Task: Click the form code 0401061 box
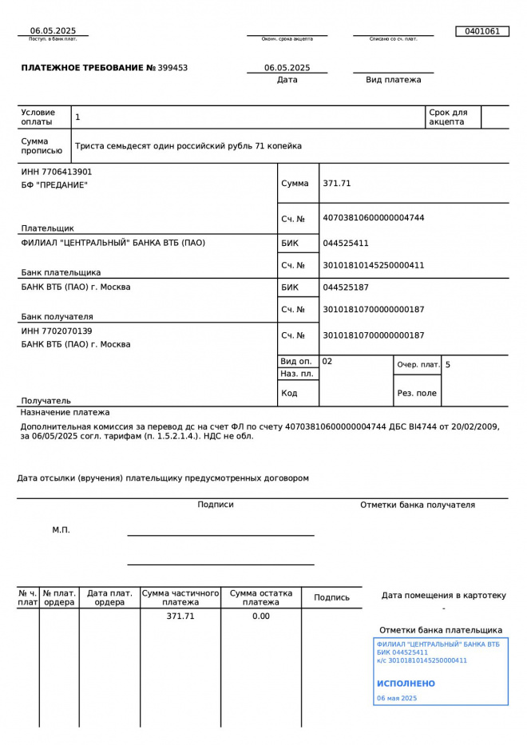click(481, 31)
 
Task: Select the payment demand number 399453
click(173, 68)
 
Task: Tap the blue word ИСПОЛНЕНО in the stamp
click(406, 684)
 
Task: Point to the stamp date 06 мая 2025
click(397, 698)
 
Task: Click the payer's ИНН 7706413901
click(57, 172)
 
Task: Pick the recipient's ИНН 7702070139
click(57, 331)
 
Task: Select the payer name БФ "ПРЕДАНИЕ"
click(54, 185)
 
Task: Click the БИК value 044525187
click(346, 287)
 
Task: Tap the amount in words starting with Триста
click(188, 146)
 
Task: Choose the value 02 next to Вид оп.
click(327, 361)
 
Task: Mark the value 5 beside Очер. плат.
click(448, 364)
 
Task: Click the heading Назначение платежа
click(65, 412)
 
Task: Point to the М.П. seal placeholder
click(61, 529)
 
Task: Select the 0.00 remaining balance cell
click(261, 616)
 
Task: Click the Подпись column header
click(331, 597)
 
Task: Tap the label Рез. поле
click(417, 393)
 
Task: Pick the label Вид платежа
click(393, 80)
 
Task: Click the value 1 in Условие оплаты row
click(77, 117)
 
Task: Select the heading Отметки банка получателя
click(417, 505)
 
